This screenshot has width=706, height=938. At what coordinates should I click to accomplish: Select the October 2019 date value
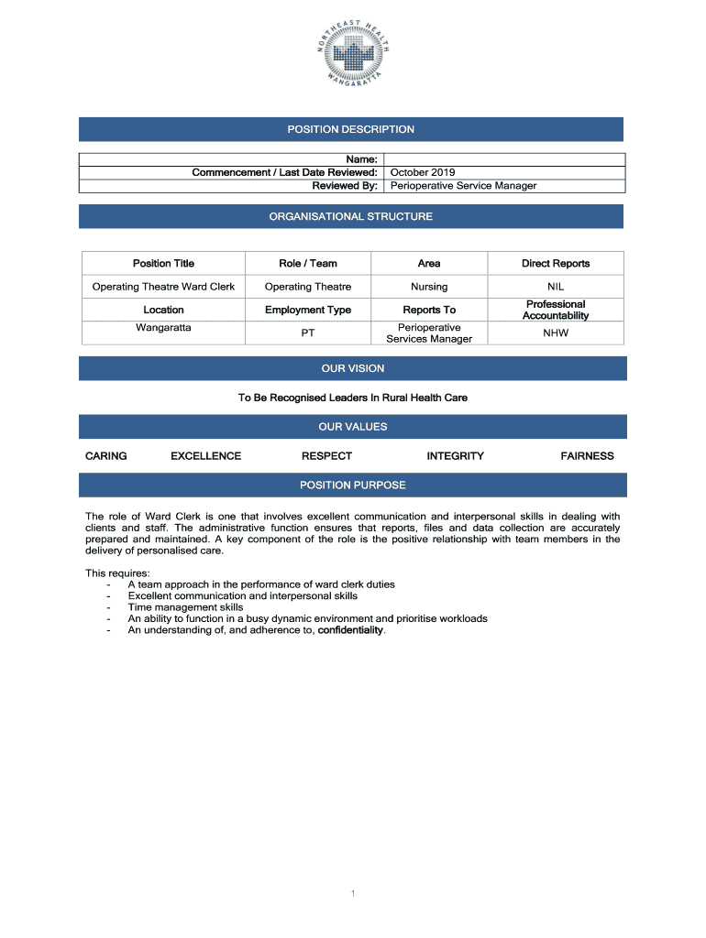423,172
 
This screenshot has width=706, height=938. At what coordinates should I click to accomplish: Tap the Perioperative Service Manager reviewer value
463,186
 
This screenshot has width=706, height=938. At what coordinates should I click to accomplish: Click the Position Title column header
163,264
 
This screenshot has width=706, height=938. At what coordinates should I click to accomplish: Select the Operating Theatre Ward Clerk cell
163,287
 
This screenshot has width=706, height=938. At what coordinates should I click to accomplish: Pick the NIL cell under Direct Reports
556,287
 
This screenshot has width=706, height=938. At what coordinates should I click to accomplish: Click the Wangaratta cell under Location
163,327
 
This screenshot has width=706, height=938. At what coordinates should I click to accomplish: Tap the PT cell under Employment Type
308,333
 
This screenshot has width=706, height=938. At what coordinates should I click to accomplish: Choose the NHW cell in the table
556,333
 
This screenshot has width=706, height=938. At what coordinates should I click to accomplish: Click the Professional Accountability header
556,310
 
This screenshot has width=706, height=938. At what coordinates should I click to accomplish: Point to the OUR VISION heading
352,368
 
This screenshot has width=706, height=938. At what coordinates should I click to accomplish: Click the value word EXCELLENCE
206,456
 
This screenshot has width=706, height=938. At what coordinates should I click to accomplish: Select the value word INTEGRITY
455,456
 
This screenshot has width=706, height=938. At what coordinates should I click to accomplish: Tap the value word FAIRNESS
587,456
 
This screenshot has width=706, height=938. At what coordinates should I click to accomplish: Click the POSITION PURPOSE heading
352,485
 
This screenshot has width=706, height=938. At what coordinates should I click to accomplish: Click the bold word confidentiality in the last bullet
350,630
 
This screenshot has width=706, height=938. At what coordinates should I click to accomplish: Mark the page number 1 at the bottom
353,893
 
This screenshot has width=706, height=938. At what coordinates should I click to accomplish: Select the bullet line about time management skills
185,607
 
